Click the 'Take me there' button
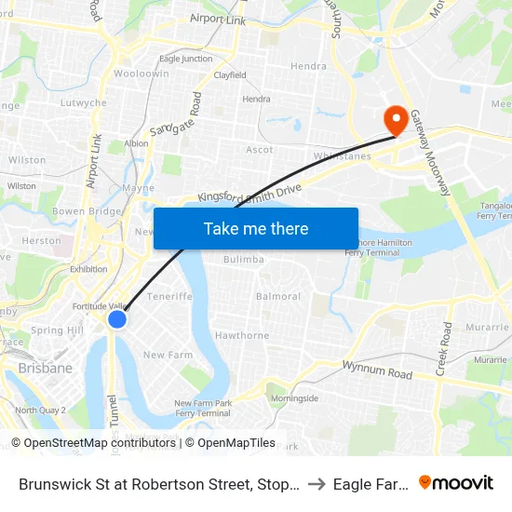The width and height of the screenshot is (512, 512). [256, 228]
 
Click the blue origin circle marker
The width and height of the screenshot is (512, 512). [117, 319]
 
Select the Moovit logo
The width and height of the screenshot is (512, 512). [456, 482]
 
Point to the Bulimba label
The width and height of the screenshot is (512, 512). [244, 259]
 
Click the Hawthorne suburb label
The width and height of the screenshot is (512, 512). [242, 335]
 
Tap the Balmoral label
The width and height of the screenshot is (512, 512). [278, 297]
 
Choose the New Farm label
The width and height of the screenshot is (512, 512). [168, 355]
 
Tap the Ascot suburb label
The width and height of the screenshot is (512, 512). [260, 150]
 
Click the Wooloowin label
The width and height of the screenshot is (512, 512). [141, 74]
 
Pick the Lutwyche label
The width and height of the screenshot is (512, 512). [84, 103]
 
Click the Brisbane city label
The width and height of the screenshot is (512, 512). [45, 369]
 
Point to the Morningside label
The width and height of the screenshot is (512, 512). [294, 398]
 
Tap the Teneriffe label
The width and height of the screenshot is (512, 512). [168, 297]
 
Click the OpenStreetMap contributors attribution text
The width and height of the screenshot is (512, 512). [100, 443]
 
